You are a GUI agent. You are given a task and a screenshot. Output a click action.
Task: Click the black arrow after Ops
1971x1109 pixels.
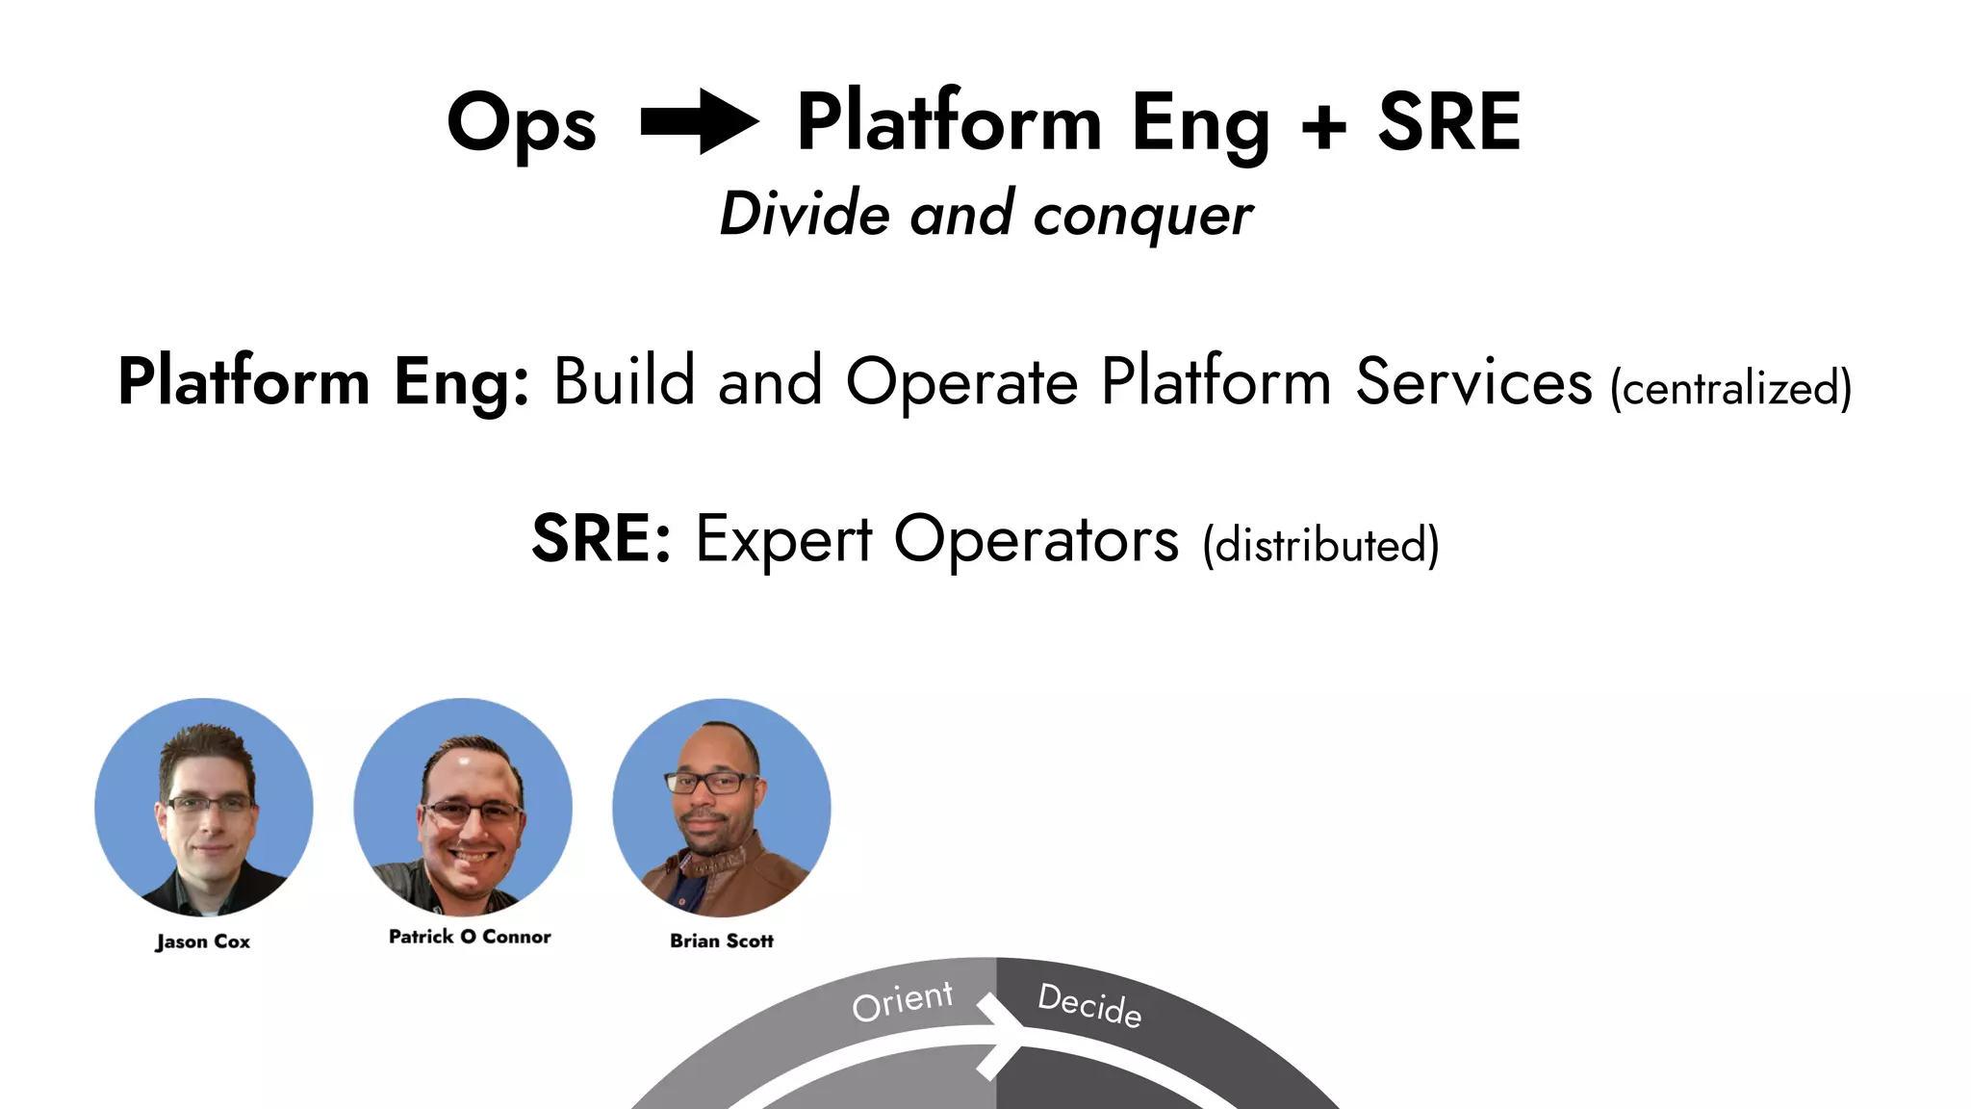[x=700, y=121]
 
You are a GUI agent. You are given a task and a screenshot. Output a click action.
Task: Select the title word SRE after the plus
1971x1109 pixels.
[x=1448, y=122]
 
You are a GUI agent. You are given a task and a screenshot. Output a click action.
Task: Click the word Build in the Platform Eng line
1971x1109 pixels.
[x=624, y=381]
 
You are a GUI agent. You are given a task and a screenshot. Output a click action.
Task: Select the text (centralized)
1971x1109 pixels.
[x=1730, y=389]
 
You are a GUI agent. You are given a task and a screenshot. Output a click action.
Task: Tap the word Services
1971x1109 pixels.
[x=1473, y=381]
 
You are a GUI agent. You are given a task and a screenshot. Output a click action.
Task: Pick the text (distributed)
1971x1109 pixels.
[x=1320, y=546]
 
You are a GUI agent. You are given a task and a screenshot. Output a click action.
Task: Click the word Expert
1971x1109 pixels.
[x=783, y=540]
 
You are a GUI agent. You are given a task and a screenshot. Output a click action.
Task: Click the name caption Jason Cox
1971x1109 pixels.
[x=203, y=941]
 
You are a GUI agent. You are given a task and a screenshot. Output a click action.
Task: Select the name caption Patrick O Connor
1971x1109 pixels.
[x=470, y=937]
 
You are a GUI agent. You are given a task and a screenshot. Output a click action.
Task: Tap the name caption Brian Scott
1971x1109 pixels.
[x=722, y=941]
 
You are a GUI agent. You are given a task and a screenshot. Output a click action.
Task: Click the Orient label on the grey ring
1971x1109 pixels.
[x=902, y=1000]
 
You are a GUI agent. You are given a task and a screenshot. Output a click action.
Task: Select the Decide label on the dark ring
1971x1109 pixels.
[x=1089, y=1005]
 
